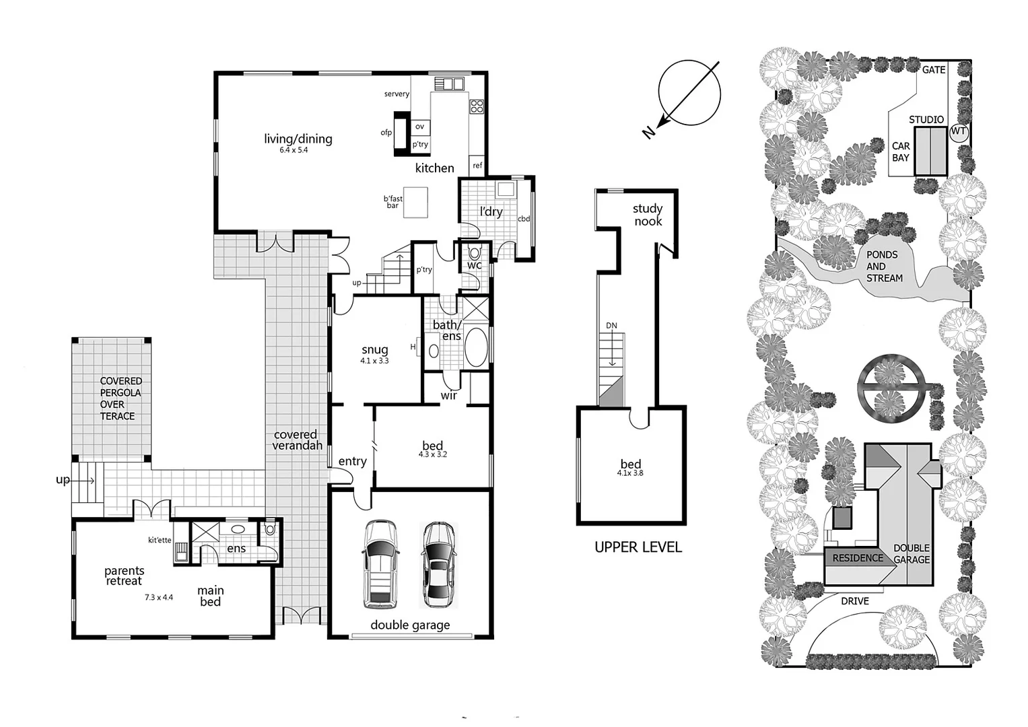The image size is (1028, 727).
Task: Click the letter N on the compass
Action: coord(648,132)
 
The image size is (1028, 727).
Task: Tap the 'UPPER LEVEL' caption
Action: coord(638,547)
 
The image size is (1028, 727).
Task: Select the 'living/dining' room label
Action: coord(298,139)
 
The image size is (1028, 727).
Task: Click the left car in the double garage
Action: coord(380,563)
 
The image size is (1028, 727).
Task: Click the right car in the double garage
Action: coord(438,564)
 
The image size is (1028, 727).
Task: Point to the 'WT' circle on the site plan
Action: coord(959,131)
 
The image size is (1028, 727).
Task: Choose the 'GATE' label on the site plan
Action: coord(934,70)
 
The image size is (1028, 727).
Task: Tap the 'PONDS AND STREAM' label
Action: coord(884,266)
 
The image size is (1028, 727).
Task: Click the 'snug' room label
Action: coord(374,349)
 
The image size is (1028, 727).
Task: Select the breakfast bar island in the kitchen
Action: coord(415,202)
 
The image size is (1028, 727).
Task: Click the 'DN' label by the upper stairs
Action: coord(611,326)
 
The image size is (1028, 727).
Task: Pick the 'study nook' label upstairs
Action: coord(648,215)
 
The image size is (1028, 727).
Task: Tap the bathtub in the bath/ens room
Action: coord(476,347)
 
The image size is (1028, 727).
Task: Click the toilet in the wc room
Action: coord(475,253)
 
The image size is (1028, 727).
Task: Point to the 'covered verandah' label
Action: coord(297,440)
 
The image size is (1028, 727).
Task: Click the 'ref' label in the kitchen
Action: coord(477,166)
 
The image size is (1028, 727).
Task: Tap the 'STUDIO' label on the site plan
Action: coord(926,120)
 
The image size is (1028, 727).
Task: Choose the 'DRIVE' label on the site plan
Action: coord(854,601)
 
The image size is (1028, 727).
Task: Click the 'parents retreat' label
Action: coord(124,576)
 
